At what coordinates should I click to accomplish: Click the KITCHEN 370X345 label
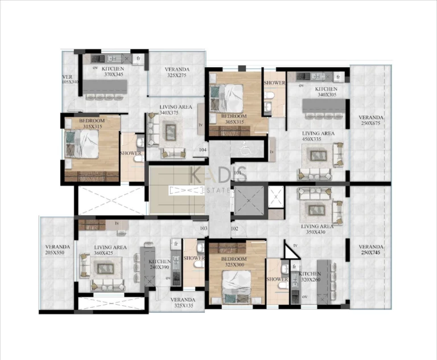[x=114, y=71]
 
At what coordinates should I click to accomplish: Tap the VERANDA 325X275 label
[x=177, y=72]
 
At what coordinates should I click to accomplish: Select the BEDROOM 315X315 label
[x=90, y=124]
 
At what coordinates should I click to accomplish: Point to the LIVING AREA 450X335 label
[x=318, y=136]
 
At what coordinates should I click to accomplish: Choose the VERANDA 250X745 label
[x=371, y=250]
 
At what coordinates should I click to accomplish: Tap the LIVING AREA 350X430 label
[x=318, y=230]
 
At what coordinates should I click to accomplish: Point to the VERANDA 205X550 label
[x=57, y=250]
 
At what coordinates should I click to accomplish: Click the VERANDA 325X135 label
[x=182, y=302]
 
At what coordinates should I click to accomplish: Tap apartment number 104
[x=203, y=150]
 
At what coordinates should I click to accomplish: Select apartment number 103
[x=203, y=228]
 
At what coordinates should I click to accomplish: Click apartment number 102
[x=234, y=228]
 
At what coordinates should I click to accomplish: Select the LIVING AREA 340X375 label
[x=176, y=110]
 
